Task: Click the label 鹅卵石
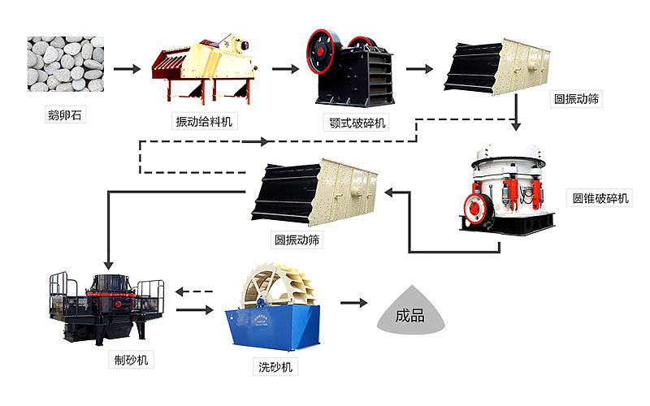65,115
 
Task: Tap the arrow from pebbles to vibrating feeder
127,68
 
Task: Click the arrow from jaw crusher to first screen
418,68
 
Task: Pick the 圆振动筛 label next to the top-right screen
578,99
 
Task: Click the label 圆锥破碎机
600,198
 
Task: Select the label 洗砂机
272,368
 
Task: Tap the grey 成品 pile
413,313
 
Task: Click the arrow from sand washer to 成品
352,303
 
